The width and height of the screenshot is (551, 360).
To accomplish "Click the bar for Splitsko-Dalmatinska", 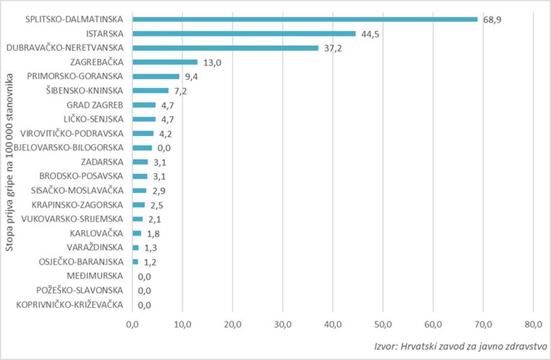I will point(305,19).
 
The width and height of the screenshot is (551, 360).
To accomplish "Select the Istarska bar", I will point(244,33).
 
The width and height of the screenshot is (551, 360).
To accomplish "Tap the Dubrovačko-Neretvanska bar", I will point(225,47).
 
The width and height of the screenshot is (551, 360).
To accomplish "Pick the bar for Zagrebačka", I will point(165,62).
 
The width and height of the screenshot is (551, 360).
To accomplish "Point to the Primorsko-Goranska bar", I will point(156,76).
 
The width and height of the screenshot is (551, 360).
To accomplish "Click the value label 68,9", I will point(492,19).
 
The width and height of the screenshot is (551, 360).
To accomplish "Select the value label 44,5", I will point(370,34).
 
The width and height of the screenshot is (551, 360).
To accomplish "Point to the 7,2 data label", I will point(182,91).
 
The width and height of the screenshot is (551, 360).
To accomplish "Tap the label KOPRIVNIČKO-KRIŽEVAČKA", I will point(70,304).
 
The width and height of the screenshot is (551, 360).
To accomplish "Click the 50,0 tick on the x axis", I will point(383,323).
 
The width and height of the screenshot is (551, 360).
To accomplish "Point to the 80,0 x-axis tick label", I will point(533,323).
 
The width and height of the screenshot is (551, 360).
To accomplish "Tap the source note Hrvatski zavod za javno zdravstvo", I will point(461,346).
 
